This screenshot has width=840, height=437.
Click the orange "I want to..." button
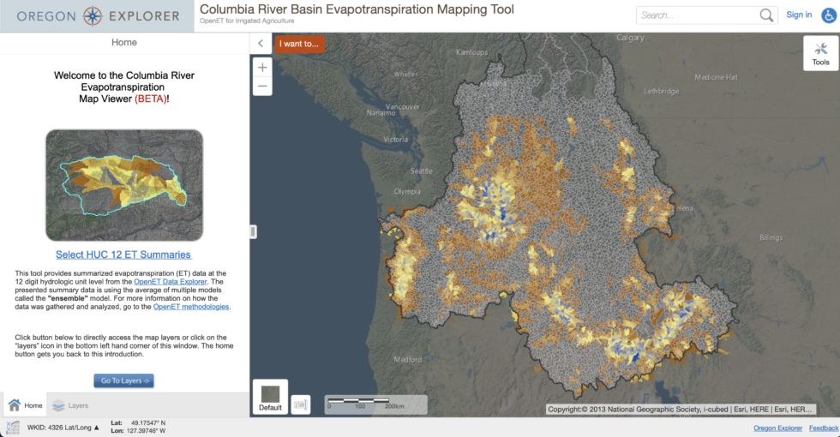point(299,44)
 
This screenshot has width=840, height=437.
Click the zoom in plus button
point(262,68)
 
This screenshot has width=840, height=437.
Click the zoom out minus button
point(262,86)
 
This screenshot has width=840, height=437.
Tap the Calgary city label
point(630,38)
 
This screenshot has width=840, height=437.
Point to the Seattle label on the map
point(422,171)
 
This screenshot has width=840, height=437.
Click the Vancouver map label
point(403,107)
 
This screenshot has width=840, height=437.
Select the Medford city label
point(408,360)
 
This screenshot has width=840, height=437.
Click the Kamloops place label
point(471,52)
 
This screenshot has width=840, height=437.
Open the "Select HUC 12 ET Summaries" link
point(123,254)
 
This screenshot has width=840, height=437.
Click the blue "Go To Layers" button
point(124,380)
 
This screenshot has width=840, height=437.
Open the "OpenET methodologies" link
point(191,307)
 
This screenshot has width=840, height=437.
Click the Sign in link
point(799,15)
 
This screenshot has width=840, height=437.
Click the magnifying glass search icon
point(766,15)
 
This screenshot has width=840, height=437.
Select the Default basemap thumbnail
point(270,396)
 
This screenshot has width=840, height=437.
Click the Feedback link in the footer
point(824,428)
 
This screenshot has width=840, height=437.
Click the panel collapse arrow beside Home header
point(261,43)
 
